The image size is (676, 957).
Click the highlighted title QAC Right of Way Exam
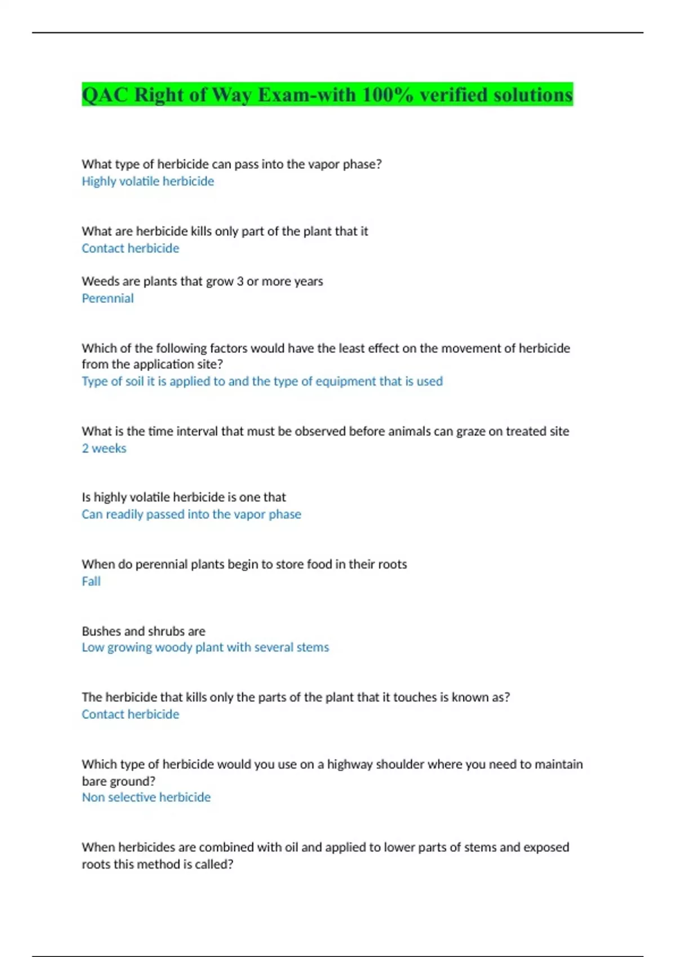coord(327,95)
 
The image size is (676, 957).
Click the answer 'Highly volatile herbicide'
coord(148,181)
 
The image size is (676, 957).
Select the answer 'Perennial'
coord(108,298)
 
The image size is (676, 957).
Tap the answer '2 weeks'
coord(104,448)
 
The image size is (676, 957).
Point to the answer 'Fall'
coord(91,581)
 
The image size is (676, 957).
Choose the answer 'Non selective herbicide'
coord(146,797)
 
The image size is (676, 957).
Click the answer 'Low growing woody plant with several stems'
coord(205,647)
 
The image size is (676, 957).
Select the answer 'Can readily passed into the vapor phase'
coord(191,514)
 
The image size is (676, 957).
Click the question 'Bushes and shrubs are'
coord(143,631)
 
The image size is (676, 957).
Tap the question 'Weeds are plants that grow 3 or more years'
coord(202,281)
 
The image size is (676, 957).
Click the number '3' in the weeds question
coord(240,281)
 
